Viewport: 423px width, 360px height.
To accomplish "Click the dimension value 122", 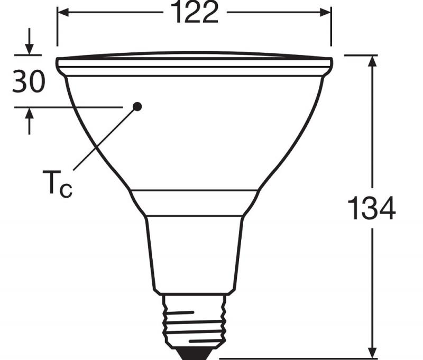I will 194,13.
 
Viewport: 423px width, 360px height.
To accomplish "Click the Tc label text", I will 57,184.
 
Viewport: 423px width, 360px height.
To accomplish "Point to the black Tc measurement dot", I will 137,106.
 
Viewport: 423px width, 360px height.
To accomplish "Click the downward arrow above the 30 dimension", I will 29,49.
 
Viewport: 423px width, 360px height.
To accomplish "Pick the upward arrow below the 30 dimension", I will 29,113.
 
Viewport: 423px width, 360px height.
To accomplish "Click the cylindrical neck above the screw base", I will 194,254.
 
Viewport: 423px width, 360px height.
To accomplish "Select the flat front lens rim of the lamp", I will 194,63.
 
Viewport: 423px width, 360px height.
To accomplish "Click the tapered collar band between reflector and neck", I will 194,202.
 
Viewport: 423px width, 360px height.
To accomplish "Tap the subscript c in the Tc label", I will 66,190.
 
